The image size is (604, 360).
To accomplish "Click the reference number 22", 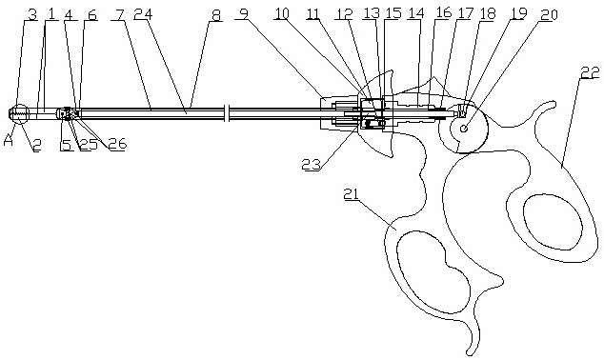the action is pos(590,72).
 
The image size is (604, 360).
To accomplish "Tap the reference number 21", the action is pos(352,194).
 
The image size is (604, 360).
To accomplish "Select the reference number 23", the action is pos(311,165).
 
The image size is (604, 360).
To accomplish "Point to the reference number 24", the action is pos(143,14).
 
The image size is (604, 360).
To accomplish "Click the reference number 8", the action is pos(217,15).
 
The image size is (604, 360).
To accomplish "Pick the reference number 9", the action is pos(243,14).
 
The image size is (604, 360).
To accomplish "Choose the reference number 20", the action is pos(549,14).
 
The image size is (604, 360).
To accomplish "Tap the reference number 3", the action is pos(33,14).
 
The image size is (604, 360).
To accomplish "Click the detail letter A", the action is pos(9,141).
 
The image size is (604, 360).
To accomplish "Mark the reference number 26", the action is pos(117,144).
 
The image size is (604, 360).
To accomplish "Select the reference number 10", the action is pos(282,13).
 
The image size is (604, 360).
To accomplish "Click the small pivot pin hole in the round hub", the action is pos(464,129).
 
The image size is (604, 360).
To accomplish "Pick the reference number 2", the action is pos(36,145).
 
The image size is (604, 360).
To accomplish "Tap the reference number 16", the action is pos(442,12).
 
